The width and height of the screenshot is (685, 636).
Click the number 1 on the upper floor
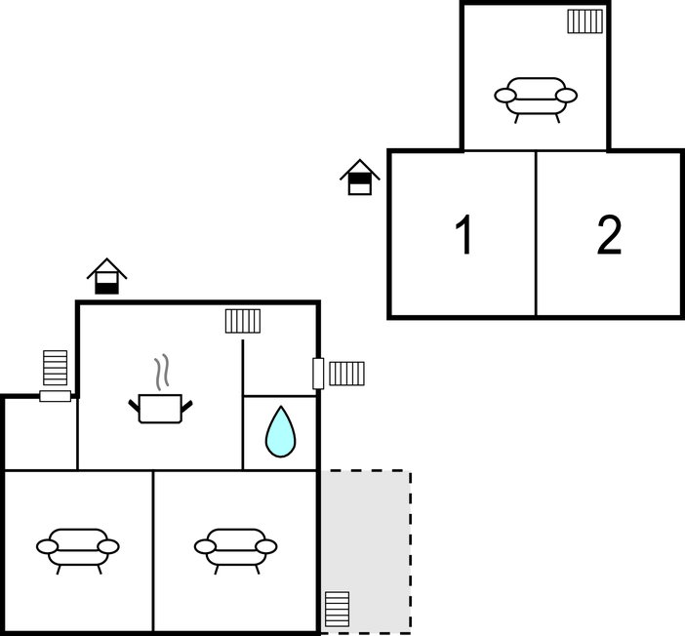click(x=464, y=234)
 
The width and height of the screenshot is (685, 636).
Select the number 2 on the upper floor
click(x=609, y=234)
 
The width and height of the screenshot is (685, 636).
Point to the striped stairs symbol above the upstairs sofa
click(x=584, y=21)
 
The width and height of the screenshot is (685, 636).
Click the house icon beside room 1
click(x=360, y=178)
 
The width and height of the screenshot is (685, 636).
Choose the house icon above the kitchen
click(x=106, y=276)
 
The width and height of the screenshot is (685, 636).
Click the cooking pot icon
click(x=160, y=409)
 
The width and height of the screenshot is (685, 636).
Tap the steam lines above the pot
click(x=162, y=373)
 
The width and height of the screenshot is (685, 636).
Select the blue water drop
click(x=280, y=431)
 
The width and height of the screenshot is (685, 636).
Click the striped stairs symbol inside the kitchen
click(x=243, y=321)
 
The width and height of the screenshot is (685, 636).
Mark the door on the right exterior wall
click(x=318, y=374)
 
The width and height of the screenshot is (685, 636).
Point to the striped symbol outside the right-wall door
click(x=346, y=374)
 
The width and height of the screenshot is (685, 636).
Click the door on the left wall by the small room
click(x=55, y=396)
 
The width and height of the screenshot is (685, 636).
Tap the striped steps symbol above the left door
click(x=55, y=368)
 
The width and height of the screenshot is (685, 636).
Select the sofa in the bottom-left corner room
click(x=78, y=551)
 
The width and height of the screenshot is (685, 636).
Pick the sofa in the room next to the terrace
click(x=235, y=551)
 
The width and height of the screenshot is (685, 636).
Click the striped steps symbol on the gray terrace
click(x=338, y=610)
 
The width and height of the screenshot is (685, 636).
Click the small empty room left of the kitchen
click(x=41, y=433)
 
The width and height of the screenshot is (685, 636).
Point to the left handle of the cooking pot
click(x=134, y=406)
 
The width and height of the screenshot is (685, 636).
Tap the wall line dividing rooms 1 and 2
click(x=536, y=233)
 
